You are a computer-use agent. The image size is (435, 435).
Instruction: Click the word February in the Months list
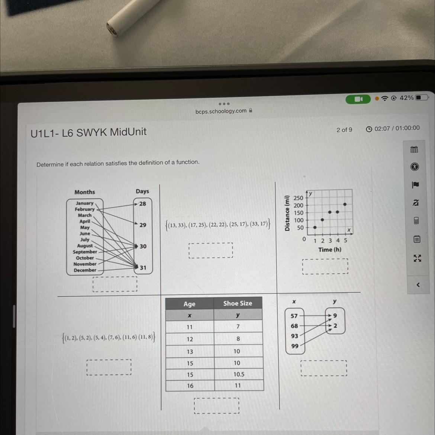[x=85, y=209]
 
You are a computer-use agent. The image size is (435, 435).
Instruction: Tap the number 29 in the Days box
[x=143, y=225]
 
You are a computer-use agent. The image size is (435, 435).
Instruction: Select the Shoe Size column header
[x=238, y=303]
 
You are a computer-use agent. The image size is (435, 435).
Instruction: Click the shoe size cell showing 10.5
[x=239, y=374]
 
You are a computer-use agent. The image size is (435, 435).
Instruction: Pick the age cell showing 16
[x=190, y=386]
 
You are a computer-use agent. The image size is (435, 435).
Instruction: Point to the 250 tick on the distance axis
[x=298, y=198]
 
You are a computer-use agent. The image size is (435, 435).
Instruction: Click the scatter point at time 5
[x=345, y=204]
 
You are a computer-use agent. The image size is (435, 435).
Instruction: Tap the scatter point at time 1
[x=315, y=228]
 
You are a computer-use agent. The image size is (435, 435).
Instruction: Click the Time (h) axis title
[x=330, y=250]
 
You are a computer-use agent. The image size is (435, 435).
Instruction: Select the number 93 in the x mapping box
[x=294, y=336]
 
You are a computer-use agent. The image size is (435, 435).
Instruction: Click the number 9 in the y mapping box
[x=335, y=316]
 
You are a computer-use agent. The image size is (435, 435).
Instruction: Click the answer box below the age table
[x=217, y=406]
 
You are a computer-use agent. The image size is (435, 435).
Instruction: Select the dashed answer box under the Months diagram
[x=115, y=284]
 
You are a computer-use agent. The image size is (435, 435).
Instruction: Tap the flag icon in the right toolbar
[x=415, y=185]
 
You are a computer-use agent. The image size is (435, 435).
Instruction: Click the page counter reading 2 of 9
[x=344, y=130]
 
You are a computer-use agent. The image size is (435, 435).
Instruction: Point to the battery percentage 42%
[x=407, y=98]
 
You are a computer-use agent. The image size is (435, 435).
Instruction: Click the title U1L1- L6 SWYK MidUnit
[x=88, y=132]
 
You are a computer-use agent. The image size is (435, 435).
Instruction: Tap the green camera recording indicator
[x=358, y=99]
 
